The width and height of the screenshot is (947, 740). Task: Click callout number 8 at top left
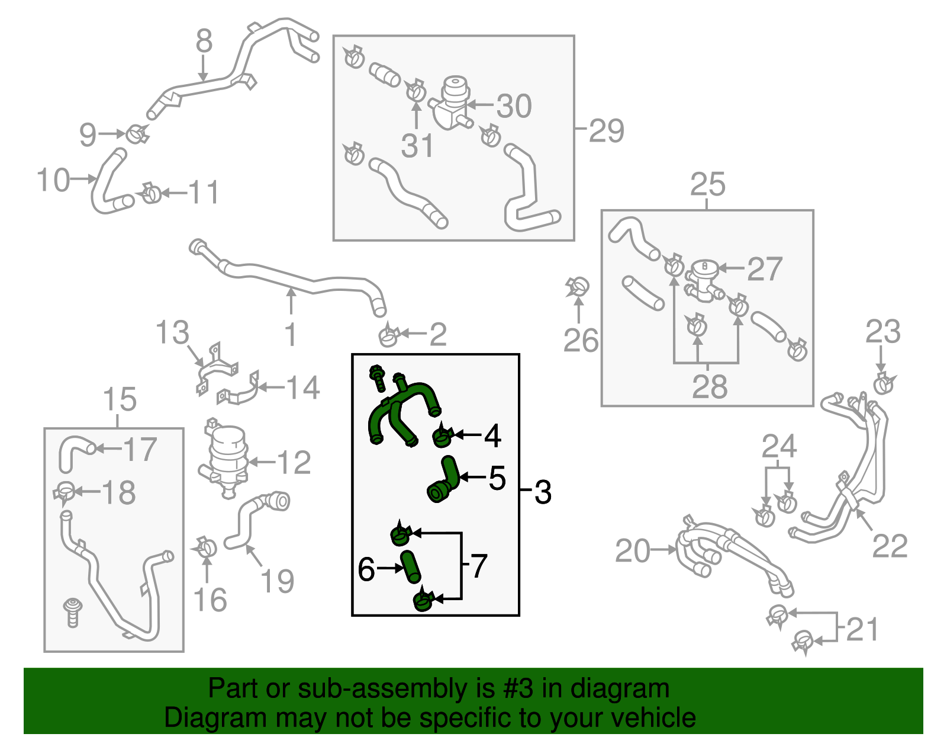coord(204,41)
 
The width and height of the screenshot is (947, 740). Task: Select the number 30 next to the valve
coord(514,107)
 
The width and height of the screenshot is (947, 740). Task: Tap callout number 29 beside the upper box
coord(606,131)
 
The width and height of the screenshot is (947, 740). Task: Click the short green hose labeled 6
coord(411,567)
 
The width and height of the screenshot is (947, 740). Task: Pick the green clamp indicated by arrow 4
coord(442,438)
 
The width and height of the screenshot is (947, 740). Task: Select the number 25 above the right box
coord(707,184)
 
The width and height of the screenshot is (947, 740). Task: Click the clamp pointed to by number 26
coord(578,287)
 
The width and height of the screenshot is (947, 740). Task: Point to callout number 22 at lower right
coord(890,546)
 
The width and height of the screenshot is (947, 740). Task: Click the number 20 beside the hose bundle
coord(633,551)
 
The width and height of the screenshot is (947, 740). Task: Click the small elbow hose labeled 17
coord(73,451)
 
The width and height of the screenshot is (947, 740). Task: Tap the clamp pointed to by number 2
coord(388,336)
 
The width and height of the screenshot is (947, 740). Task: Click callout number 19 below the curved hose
coord(277,581)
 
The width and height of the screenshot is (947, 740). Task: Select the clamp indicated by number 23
coord(884,383)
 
